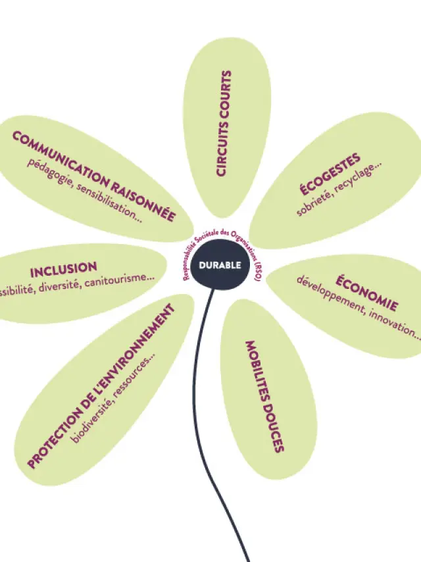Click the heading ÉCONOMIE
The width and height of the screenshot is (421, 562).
[x=367, y=294]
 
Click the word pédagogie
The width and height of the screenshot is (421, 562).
[x=49, y=175]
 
